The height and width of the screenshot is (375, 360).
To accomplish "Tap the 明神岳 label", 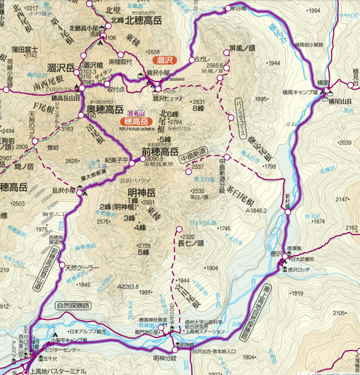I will point(142,192).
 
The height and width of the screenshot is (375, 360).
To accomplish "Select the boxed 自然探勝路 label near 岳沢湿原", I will point(74,305).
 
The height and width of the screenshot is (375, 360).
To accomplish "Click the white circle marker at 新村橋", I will point(288,212).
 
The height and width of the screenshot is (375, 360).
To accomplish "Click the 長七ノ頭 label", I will point(191,242).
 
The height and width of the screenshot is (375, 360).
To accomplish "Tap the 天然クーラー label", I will point(82,268).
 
